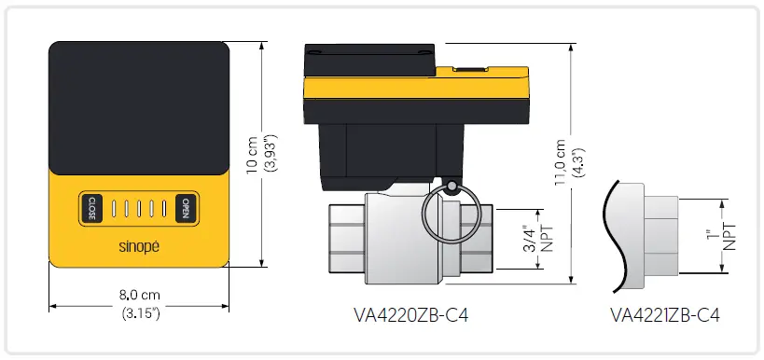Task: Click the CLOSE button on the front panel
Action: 92,207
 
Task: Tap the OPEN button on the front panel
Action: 186,207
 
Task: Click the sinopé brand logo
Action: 138,248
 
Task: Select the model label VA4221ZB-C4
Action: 665,315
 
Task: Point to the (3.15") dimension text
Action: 140,312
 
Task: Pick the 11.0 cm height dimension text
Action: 561,164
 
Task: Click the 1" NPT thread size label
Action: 722,236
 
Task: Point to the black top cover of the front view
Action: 138,107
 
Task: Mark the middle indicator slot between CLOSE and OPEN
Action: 138,207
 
